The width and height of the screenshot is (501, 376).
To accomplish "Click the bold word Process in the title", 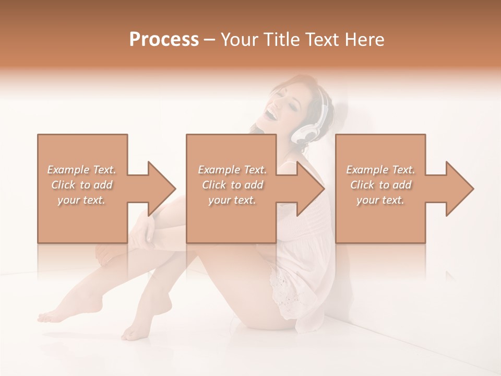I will tap(164, 40).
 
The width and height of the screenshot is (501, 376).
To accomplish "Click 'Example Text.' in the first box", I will tap(81, 170).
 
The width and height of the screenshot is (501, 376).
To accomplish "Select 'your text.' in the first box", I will tap(81, 200).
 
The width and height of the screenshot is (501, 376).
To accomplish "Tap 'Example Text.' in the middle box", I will tap(232, 170).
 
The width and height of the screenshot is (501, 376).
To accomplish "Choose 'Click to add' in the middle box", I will tap(232, 185).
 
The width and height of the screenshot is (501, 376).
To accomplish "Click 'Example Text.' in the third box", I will tap(380, 170).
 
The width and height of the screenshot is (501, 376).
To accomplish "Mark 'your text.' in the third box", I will tap(380, 200).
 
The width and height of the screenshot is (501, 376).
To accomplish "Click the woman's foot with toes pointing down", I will tap(133, 332).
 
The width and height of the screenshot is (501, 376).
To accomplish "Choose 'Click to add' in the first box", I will tap(81, 185).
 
